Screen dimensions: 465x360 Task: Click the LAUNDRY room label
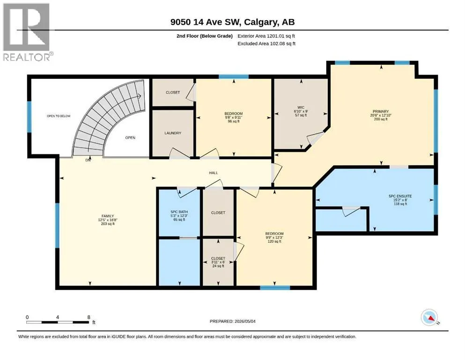point(173,133)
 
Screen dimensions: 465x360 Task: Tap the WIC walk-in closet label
point(301,107)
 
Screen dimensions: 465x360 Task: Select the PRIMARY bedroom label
point(381,112)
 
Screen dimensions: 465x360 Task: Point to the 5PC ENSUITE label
point(400,196)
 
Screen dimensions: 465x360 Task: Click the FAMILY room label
point(108,216)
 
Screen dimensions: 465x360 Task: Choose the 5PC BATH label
point(179,212)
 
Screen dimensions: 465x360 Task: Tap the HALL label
point(213,172)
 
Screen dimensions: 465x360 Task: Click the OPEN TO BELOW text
point(59,116)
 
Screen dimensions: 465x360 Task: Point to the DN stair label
point(88,160)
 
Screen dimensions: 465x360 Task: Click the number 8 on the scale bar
point(89,317)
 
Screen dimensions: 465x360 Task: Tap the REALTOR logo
point(27,32)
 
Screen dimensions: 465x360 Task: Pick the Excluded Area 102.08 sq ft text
point(266,43)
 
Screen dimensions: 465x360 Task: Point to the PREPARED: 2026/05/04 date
point(232,321)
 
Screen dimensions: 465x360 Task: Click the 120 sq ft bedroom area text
point(274,241)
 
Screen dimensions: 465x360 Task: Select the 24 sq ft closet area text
point(218,266)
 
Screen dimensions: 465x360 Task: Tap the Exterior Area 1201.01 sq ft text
point(266,36)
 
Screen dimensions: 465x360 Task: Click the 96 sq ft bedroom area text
point(233,121)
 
